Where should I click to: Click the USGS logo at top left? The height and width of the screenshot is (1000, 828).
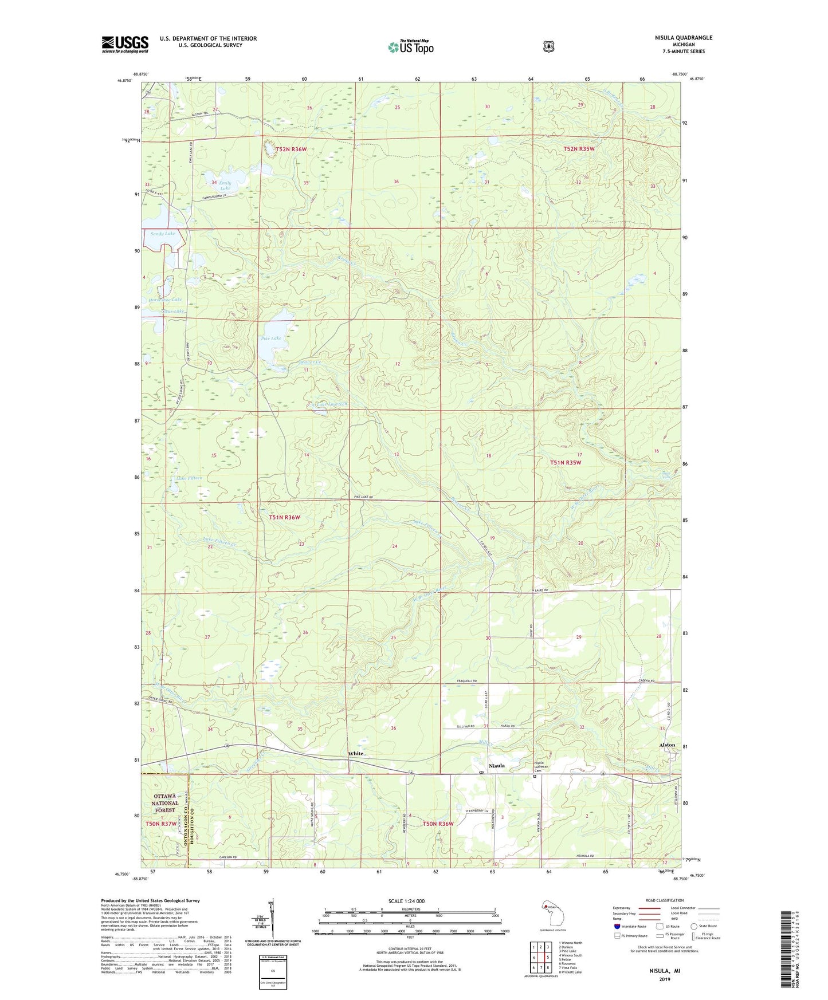(125, 44)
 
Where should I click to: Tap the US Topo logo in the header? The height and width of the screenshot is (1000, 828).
(410, 47)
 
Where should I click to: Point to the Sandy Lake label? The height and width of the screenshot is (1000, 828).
(163, 234)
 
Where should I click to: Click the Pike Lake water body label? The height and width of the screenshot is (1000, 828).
(271, 338)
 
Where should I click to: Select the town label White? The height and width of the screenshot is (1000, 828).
(355, 753)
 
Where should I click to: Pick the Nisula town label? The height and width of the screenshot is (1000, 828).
(496, 765)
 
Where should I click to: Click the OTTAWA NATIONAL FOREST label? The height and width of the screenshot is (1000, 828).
(165, 803)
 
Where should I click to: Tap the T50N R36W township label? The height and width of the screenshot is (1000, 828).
(438, 824)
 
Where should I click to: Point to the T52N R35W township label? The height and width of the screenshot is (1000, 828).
(579, 149)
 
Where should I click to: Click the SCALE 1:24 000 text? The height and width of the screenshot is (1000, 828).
(406, 901)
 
